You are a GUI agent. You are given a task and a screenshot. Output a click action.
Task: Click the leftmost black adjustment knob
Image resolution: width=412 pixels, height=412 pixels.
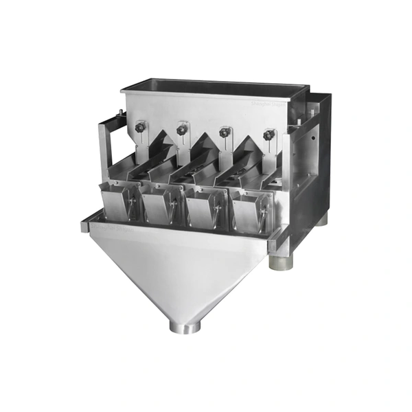point(141,126)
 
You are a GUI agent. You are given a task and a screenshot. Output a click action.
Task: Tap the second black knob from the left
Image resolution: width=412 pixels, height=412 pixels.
point(182,128)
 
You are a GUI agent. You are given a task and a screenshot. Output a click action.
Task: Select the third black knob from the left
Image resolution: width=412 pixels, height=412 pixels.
point(225,131)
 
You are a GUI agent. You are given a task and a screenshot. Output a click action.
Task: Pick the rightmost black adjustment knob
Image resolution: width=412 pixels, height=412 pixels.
point(268,135)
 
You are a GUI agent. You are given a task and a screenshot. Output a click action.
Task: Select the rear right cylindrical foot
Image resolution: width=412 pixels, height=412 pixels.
point(321,219)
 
